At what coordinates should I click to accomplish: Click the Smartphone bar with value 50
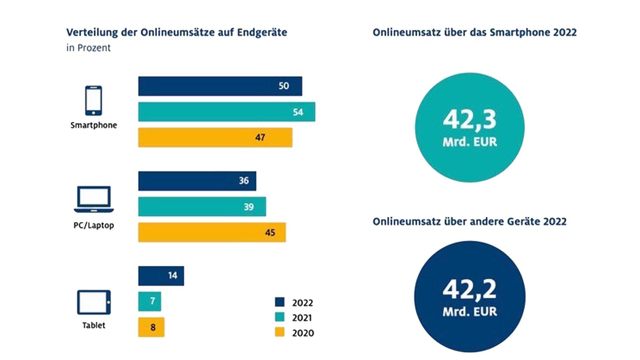tap(220, 86)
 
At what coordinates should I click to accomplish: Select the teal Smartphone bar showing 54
tap(226, 112)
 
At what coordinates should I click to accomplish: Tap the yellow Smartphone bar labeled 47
tap(215, 137)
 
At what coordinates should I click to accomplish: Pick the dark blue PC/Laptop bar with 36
tap(197, 181)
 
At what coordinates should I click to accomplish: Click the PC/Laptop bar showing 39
tap(202, 207)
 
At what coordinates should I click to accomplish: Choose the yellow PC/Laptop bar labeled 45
tap(212, 232)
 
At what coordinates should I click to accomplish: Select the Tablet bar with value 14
tap(161, 276)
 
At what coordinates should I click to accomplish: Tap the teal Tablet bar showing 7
tap(149, 301)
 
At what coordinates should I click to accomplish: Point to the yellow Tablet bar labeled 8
tap(151, 327)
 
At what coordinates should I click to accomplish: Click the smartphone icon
tap(93, 100)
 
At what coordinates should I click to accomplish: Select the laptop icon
tap(94, 200)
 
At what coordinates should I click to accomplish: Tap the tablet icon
tap(94, 302)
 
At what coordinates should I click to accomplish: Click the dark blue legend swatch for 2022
tap(280, 302)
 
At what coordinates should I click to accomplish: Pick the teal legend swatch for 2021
tap(280, 317)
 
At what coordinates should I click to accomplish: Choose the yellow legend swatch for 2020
tap(280, 333)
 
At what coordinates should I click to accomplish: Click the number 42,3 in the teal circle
tap(470, 119)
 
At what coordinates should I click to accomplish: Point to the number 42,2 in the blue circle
tap(470, 289)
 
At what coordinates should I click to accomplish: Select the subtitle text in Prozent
tap(89, 48)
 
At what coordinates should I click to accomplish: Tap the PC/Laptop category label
tap(94, 225)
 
